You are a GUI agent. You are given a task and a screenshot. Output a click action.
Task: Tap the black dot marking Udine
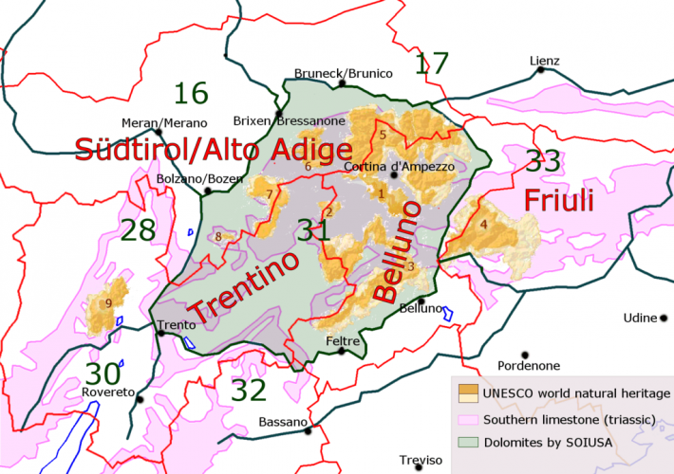pyautogui.click(x=665, y=318)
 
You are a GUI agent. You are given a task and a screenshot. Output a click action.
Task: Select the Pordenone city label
pyautogui.click(x=532, y=365)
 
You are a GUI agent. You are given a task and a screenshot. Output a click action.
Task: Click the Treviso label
pyautogui.click(x=421, y=460)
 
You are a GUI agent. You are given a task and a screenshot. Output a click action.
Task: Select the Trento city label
pyautogui.click(x=176, y=325)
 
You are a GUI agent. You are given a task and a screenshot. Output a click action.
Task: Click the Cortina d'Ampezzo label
pyautogui.click(x=393, y=167)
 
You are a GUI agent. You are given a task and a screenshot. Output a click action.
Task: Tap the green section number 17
pyautogui.click(x=432, y=64)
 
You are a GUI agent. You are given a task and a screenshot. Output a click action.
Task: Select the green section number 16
pyautogui.click(x=191, y=93)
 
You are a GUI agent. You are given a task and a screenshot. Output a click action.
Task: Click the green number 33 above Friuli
pyautogui.click(x=543, y=161)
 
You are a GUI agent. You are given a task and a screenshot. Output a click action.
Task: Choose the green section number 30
pyautogui.click(x=104, y=374)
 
